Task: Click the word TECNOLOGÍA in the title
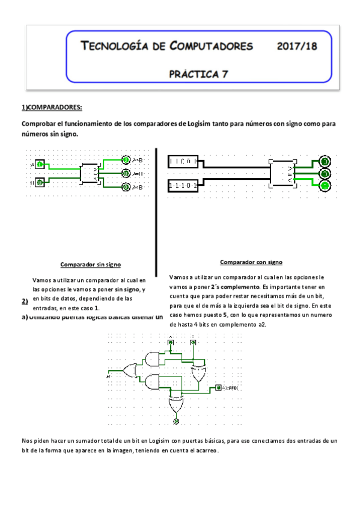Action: coord(115,46)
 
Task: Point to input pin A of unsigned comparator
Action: coord(39,164)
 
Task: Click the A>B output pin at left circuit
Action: coord(126,160)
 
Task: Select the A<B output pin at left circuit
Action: coord(126,187)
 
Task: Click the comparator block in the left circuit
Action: coord(91,173)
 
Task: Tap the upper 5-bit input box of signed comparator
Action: coord(186,162)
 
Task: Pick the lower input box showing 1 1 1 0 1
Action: coord(186,186)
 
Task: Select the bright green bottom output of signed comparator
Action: coord(325,186)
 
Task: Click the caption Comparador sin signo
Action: coord(91,264)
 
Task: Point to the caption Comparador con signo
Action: coord(251,262)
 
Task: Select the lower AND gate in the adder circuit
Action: coord(151,382)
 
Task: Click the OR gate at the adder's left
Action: coord(130,370)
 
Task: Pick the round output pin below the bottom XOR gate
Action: coord(176,422)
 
